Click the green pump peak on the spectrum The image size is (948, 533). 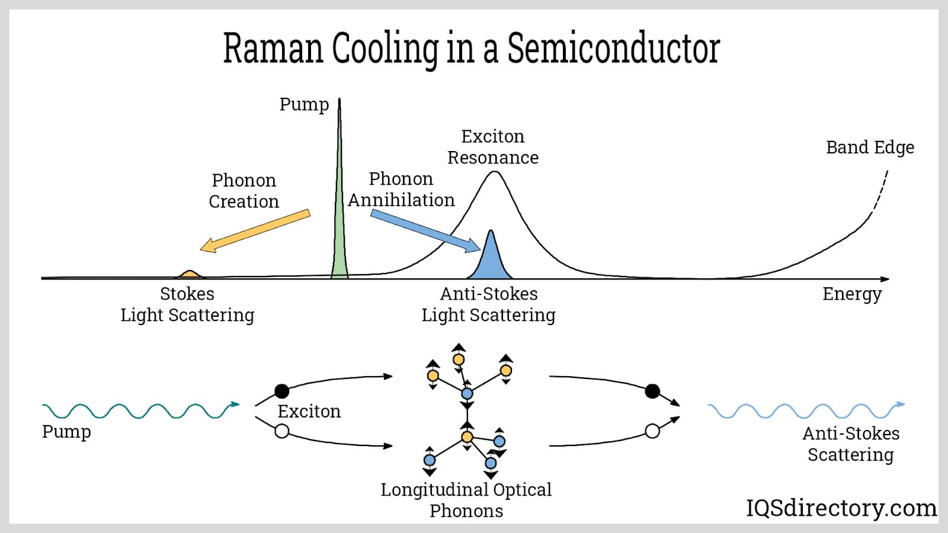click(x=340, y=237)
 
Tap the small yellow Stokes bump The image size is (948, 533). click(x=189, y=275)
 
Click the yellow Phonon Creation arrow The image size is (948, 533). click(x=255, y=230)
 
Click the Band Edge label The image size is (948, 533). click(x=870, y=147)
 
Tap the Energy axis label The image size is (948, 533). click(x=852, y=294)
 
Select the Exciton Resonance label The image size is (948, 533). click(x=493, y=147)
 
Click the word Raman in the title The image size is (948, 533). click(x=273, y=48)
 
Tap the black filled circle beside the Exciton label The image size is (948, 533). click(x=282, y=391)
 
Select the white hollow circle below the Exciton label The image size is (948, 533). click(x=282, y=431)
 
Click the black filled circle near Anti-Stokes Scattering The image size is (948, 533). click(x=652, y=391)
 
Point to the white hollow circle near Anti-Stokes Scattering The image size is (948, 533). click(x=652, y=431)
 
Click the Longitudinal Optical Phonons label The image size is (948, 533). click(x=466, y=500)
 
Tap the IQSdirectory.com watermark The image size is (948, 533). click(x=841, y=508)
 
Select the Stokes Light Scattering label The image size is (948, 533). click(x=187, y=304)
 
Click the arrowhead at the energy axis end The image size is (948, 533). click(x=885, y=279)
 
